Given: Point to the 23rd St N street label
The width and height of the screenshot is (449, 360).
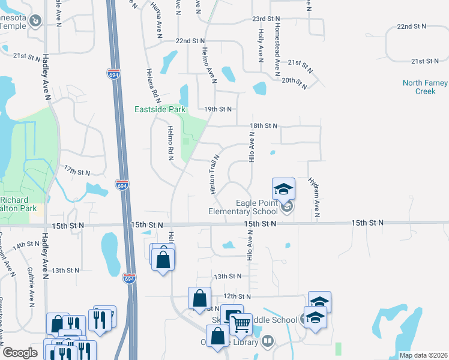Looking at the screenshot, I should coord(267,19).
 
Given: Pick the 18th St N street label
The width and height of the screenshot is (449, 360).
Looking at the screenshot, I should coord(264,126).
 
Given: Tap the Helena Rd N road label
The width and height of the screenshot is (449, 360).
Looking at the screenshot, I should coord(152,83).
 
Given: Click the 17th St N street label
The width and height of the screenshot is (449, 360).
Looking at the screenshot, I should coord(77,172).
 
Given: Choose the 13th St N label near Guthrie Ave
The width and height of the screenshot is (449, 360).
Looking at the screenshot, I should coord(66,271).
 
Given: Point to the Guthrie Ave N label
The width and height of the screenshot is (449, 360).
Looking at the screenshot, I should coord(30,287).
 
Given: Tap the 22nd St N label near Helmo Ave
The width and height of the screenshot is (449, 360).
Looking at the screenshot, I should coord(191,41).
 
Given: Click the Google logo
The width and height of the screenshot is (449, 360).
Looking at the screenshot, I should coord(20,353).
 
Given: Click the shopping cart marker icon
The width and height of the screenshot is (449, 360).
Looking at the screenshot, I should coord(241,324).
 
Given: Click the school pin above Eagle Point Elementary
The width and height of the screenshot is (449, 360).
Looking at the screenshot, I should coord(283,189).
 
